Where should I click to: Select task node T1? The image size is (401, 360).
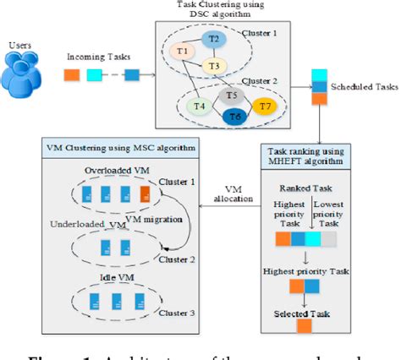[183, 52]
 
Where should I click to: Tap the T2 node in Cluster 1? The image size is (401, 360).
[214, 40]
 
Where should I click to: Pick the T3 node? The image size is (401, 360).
[215, 67]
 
